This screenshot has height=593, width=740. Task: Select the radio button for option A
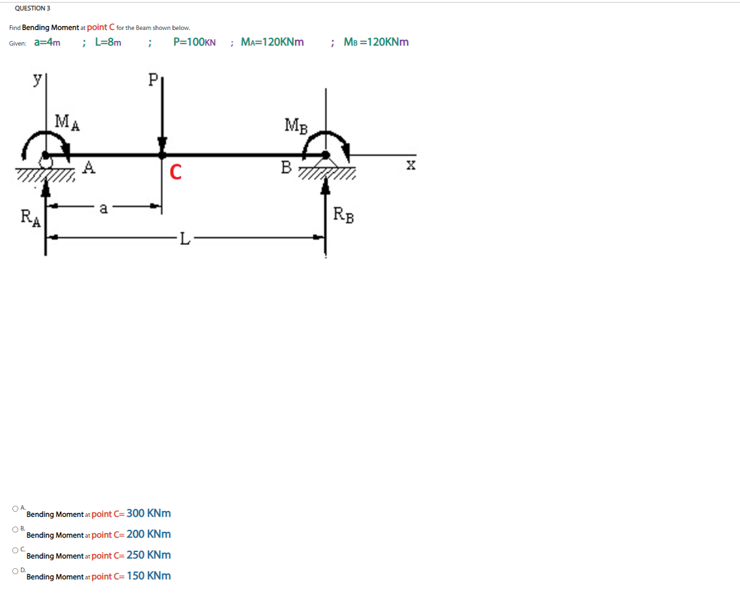tap(14, 508)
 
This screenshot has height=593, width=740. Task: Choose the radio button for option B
tap(14, 529)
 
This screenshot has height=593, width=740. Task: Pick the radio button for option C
tap(14, 550)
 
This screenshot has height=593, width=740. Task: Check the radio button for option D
tap(14, 571)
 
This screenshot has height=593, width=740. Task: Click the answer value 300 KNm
tap(149, 513)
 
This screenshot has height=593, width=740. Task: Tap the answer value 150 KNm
tap(149, 575)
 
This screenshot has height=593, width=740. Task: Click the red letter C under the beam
tap(175, 172)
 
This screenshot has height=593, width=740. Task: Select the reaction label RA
tap(30, 216)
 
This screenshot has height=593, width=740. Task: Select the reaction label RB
tap(344, 214)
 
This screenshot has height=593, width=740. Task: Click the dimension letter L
tap(185, 240)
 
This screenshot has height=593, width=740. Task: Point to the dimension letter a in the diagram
tap(103, 209)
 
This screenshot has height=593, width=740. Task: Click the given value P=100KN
tap(195, 42)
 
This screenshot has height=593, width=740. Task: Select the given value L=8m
tap(108, 42)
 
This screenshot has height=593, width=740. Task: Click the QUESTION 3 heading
tap(33, 8)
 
